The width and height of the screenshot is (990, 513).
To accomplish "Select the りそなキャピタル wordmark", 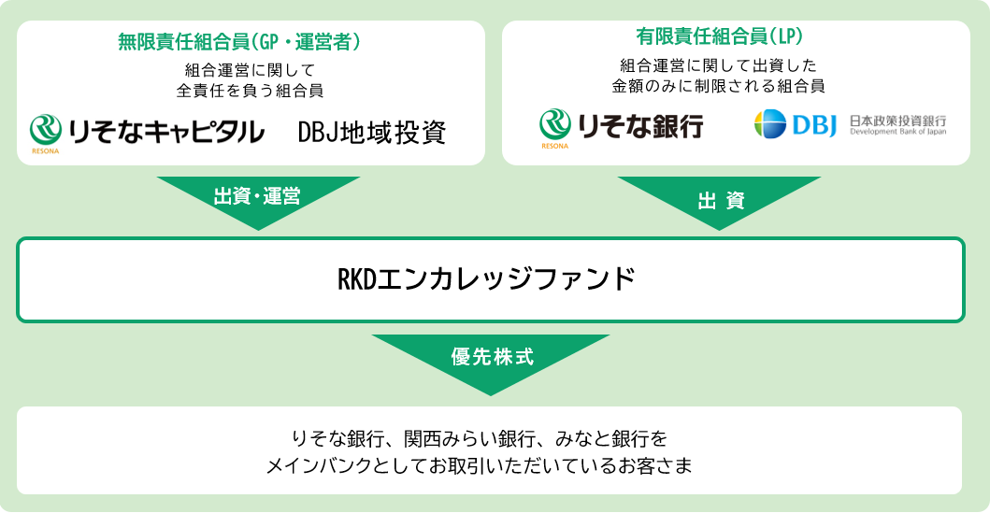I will pyautogui.click(x=168, y=131).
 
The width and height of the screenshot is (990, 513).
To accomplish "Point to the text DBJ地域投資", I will pyautogui.click(x=371, y=132).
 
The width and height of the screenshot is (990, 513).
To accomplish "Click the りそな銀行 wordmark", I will pyautogui.click(x=639, y=126).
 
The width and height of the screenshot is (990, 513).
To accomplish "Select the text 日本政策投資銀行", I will pyautogui.click(x=897, y=121).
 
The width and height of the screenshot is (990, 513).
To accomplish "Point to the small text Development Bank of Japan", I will pyautogui.click(x=897, y=133).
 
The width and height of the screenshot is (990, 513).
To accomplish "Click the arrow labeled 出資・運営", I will pyautogui.click(x=258, y=198).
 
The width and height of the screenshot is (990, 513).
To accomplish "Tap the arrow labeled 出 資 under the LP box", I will pyautogui.click(x=719, y=199).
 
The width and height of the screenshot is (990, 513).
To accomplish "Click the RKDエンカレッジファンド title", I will pyautogui.click(x=486, y=278).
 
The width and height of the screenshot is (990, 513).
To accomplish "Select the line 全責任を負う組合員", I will pyautogui.click(x=251, y=91).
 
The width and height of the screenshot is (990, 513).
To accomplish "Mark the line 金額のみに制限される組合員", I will pyautogui.click(x=719, y=85).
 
